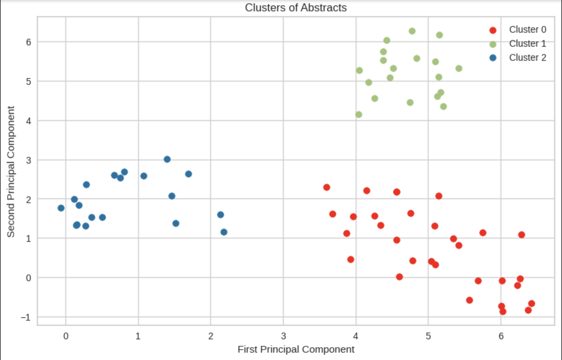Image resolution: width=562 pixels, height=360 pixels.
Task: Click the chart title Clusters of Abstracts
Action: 296,8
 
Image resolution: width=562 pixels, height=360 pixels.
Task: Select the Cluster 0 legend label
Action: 528,30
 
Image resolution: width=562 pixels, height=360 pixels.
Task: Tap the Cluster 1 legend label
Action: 528,44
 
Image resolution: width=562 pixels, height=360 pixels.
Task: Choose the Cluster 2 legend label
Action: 528,58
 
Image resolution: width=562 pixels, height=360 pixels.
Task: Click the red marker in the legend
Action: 493,30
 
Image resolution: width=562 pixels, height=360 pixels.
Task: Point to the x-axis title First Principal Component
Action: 296,349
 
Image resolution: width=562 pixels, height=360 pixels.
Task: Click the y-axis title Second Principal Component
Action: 11,172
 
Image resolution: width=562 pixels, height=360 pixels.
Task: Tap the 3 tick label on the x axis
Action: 283,336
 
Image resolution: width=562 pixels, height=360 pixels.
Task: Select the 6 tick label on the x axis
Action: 501,336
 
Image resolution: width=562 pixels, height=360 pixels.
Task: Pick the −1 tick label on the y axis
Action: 25,317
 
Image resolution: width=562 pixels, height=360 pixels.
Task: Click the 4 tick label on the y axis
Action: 28,121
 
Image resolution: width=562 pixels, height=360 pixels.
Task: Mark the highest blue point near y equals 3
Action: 167,159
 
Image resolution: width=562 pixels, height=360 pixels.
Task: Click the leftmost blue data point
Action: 61,208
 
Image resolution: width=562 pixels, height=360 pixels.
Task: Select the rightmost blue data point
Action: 224,232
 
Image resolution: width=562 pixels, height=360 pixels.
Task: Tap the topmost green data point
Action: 412,31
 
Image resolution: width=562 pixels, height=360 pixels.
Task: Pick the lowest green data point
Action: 359,115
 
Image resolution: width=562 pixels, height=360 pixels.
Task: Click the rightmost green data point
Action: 459,68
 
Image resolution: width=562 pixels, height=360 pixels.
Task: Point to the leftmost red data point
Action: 327,187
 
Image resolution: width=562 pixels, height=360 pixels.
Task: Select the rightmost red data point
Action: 532,304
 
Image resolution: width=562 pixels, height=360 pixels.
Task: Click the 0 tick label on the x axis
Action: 66,336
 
